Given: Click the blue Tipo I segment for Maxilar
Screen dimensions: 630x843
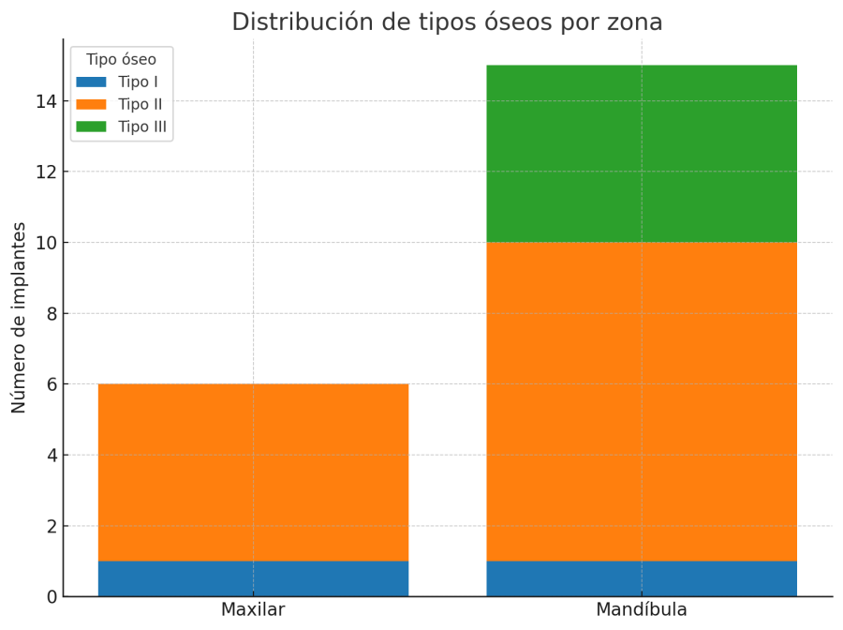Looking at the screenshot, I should pos(253,578).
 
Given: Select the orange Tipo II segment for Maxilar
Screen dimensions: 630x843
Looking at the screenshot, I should pos(253,472).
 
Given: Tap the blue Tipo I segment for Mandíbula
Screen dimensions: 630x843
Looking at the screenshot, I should pos(642,578).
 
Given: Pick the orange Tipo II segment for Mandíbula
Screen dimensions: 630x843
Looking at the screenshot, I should pos(642,401).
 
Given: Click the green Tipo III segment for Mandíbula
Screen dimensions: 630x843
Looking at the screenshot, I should pos(642,154).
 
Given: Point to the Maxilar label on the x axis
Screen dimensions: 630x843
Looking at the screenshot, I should pos(253,610).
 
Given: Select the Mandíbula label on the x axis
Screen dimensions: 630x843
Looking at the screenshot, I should pos(642,610).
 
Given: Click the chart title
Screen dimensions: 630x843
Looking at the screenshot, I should pos(447,22).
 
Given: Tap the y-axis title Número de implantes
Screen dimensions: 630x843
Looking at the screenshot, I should pos(20,318).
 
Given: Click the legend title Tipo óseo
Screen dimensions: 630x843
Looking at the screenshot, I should pos(121,60).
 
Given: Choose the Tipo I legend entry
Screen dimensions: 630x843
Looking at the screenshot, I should pos(138,82).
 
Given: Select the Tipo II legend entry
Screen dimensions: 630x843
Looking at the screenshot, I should pos(140,104).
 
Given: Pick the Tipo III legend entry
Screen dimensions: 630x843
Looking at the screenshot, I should pos(142,127).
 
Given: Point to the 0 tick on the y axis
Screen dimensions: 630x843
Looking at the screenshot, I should pos(51,597).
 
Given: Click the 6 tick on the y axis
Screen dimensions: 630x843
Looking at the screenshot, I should pos(51,384).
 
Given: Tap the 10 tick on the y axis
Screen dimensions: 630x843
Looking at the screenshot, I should pos(46,243).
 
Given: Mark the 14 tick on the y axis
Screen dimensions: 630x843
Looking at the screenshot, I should pos(46,101).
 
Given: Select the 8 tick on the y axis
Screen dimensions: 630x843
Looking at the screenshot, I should pos(51,314).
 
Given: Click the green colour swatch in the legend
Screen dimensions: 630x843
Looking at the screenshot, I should pos(92,127).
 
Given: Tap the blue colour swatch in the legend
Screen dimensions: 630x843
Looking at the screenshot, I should pos(92,82).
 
